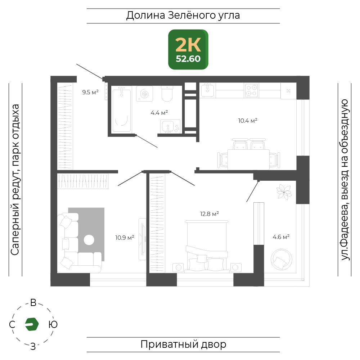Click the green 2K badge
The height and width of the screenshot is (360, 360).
click(x=188, y=49)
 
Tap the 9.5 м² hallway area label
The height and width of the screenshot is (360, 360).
click(x=90, y=92)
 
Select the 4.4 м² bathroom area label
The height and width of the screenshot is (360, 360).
click(x=159, y=113)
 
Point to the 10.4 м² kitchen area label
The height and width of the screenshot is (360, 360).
click(x=248, y=121)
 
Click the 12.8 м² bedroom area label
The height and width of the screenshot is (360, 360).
click(x=210, y=214)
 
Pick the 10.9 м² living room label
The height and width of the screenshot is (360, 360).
click(x=125, y=237)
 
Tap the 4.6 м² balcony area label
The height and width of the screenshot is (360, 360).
click(x=281, y=237)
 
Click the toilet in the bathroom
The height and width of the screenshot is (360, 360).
click(x=167, y=94)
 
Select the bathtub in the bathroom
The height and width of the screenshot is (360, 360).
click(x=121, y=110)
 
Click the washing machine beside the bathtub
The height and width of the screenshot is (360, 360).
click(x=144, y=94)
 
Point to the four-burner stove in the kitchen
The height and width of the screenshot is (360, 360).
click(x=251, y=90)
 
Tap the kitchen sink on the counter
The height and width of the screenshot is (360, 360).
click(x=208, y=90)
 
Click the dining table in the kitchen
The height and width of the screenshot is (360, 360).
click(x=248, y=159)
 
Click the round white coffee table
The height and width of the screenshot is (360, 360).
click(x=89, y=240)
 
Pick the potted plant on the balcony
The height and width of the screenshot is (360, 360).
click(x=284, y=192)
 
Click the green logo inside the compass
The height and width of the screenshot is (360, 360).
click(x=32, y=324)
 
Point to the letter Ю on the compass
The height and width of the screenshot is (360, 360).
click(x=53, y=324)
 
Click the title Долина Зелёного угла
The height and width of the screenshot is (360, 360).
click(x=183, y=15)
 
